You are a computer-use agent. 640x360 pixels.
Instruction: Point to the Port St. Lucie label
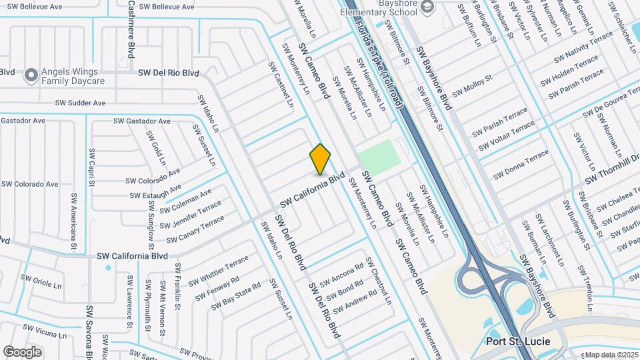[x=517, y=341]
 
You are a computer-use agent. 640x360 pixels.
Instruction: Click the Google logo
[x=22, y=351]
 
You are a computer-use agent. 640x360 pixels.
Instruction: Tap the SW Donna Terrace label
[x=521, y=165]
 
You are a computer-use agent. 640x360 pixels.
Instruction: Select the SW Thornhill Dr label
[x=612, y=169]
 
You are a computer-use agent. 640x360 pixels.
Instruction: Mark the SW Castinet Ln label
[x=281, y=85]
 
